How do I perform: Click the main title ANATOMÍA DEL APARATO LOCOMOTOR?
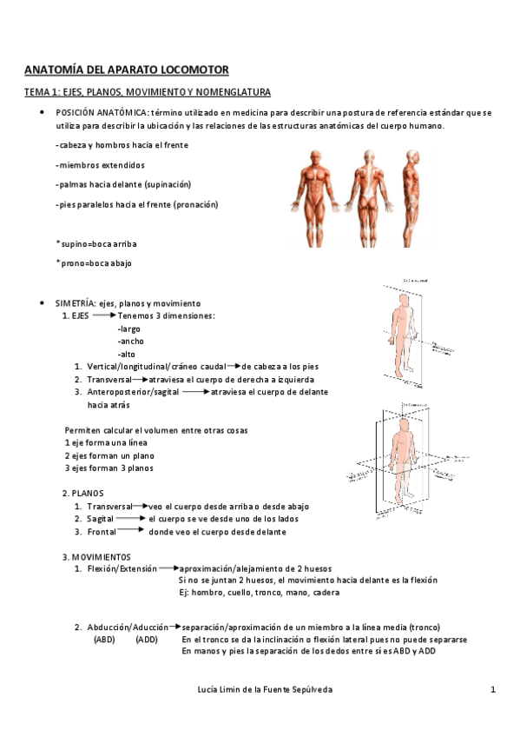point(126,69)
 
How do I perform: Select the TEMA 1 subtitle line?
point(147,91)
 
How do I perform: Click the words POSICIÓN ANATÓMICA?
point(102,113)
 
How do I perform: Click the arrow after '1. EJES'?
point(103,316)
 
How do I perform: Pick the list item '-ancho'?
point(130,342)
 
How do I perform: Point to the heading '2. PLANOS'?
point(82,493)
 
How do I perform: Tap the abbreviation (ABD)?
point(104,639)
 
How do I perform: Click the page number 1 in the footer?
point(492,689)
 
